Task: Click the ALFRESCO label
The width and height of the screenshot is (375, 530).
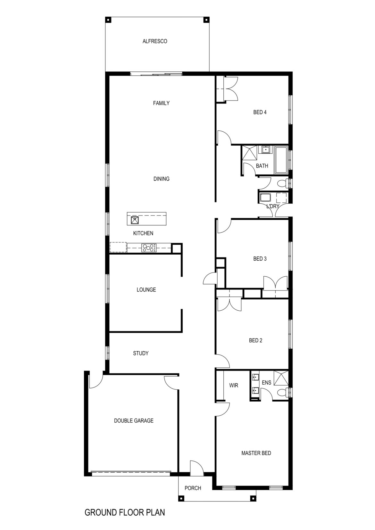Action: [x=155, y=41]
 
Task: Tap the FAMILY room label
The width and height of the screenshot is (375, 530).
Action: [x=161, y=103]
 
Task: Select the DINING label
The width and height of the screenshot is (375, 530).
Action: [x=161, y=179]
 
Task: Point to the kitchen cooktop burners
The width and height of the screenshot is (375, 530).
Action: [x=149, y=248]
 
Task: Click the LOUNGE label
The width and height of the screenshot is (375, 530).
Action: [x=146, y=290]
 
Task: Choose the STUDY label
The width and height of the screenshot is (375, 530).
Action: [x=141, y=353]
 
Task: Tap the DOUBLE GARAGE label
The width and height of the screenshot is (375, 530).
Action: [x=134, y=420]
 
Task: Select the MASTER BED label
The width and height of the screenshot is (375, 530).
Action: [x=256, y=453]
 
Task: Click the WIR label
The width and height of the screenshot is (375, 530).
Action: [x=234, y=385]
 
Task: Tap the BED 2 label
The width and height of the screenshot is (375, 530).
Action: [x=255, y=340]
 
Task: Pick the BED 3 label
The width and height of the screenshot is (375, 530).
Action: [x=260, y=259]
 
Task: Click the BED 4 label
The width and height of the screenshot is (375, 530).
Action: [x=260, y=112]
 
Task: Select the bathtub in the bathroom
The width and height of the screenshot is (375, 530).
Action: [x=281, y=160]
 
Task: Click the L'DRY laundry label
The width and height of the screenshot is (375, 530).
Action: [x=273, y=207]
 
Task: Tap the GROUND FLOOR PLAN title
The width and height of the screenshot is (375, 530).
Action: [x=125, y=512]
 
